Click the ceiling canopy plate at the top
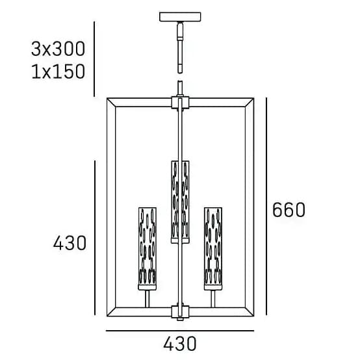click(x=180, y=17)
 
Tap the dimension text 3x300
click(x=58, y=49)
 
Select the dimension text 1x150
click(x=58, y=71)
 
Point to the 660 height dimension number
click(x=289, y=210)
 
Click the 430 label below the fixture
click(x=180, y=344)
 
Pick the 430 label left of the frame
click(x=70, y=243)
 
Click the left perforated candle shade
click(x=148, y=249)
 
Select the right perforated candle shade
click(x=213, y=249)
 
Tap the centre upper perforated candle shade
click(x=180, y=202)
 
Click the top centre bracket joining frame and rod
click(x=180, y=103)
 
